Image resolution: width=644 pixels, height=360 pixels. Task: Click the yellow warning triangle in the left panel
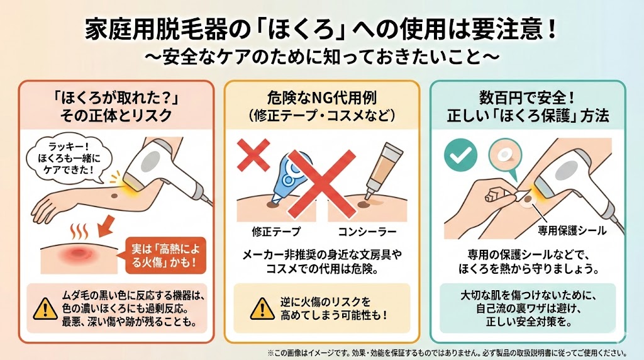(x=45, y=308)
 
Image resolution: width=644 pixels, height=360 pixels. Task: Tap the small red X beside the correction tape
(x=253, y=155)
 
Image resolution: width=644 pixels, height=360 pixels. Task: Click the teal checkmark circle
(x=460, y=155)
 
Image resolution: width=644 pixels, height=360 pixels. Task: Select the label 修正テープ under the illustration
(x=276, y=232)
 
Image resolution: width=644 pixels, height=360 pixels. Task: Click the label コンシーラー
(x=367, y=232)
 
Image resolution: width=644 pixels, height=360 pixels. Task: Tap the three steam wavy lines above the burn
(x=79, y=232)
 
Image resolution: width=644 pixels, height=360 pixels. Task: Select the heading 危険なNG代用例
(x=322, y=98)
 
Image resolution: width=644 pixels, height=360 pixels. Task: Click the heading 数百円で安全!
(x=528, y=98)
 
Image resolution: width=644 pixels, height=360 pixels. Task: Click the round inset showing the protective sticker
(x=505, y=155)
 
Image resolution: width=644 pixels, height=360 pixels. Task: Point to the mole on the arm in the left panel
(x=114, y=195)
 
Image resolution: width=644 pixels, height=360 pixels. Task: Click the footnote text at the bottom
(x=447, y=352)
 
